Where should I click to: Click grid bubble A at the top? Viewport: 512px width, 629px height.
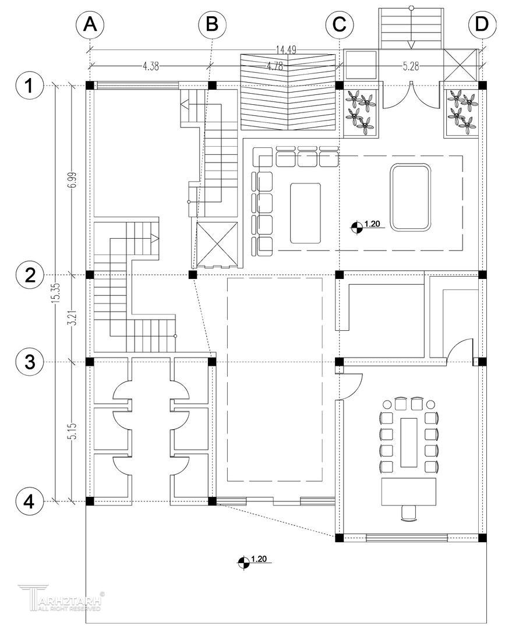pyautogui.click(x=90, y=25)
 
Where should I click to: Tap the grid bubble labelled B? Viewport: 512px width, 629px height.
pyautogui.click(x=211, y=25)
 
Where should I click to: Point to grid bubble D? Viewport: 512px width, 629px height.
pyautogui.click(x=482, y=25)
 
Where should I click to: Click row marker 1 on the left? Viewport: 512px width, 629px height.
pyautogui.click(x=28, y=86)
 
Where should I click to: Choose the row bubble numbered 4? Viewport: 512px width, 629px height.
pyautogui.click(x=28, y=501)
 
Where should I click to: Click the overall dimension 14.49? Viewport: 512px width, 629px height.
pyautogui.click(x=285, y=51)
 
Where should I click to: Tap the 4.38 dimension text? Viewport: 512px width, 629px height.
pyautogui.click(x=150, y=66)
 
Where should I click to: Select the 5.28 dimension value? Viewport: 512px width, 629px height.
pyautogui.click(x=411, y=66)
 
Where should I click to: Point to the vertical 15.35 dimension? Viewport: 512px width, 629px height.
pyautogui.click(x=56, y=292)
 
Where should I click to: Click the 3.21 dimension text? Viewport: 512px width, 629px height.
pyautogui.click(x=72, y=318)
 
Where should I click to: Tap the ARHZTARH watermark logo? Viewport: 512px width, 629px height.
pyautogui.click(x=61, y=598)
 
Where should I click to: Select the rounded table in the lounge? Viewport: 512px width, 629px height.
pyautogui.click(x=411, y=197)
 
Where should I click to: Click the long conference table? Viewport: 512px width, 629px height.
pyautogui.click(x=409, y=442)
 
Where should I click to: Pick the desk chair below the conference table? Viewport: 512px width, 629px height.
pyautogui.click(x=409, y=512)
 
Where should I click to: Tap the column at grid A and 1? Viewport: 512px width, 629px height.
pyautogui.click(x=90, y=86)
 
